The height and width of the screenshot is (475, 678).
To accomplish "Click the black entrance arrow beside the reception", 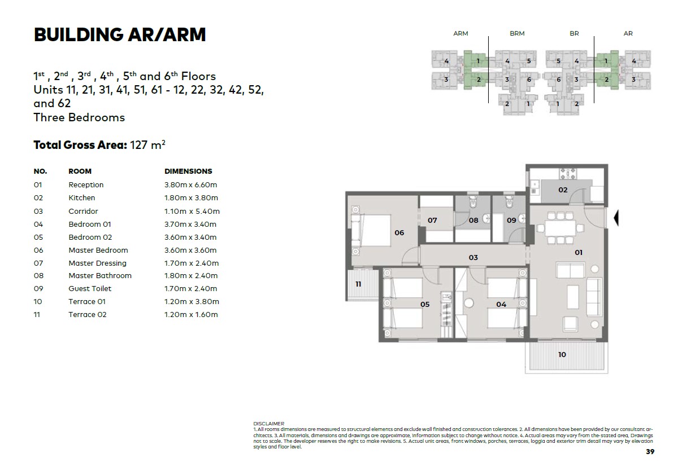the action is [x=616, y=218].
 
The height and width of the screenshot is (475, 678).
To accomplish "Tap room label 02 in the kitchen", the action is [x=563, y=190].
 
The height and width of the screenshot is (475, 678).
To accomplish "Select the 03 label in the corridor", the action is [x=473, y=258].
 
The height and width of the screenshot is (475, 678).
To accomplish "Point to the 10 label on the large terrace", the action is [x=562, y=354].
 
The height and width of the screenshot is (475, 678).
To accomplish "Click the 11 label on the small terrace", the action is [x=358, y=284].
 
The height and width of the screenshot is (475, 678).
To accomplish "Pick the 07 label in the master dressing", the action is [x=432, y=220].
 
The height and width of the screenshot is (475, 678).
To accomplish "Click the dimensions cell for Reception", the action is [x=191, y=184].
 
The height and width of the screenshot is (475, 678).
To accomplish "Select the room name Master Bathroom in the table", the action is [x=100, y=275].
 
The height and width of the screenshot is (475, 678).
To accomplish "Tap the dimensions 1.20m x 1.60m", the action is [x=191, y=315].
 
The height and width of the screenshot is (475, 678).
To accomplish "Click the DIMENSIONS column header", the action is [x=188, y=171].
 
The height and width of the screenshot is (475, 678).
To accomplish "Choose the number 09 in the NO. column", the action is [x=38, y=289].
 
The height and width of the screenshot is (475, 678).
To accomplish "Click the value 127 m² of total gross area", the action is [x=147, y=145].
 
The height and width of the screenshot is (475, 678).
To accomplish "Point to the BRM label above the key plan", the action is [x=517, y=33].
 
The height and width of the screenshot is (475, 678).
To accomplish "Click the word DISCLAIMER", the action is [x=269, y=424].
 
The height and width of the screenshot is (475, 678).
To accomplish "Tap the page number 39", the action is [x=650, y=451].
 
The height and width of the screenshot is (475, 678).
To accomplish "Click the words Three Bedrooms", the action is [x=79, y=117].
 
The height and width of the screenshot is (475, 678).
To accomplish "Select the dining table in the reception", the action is [x=560, y=228].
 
